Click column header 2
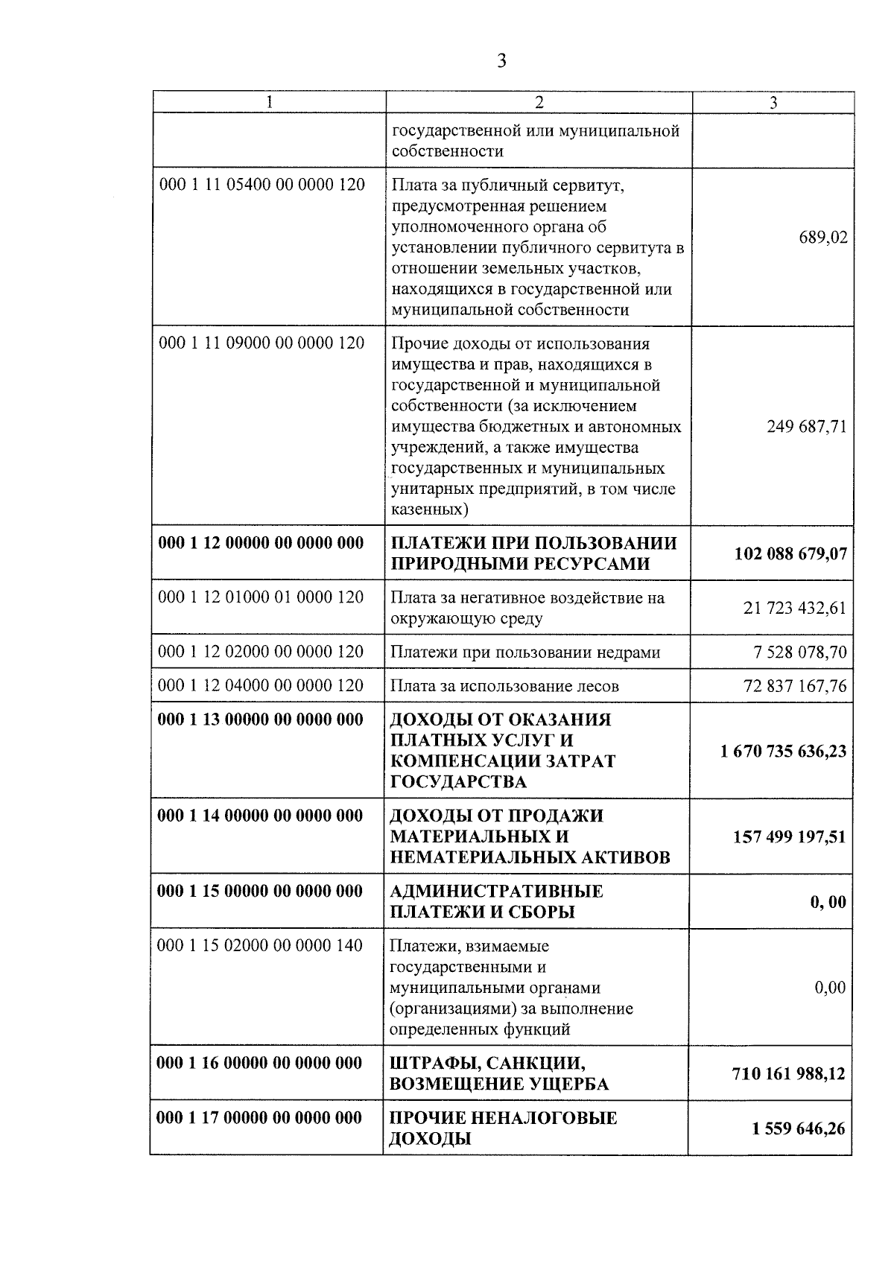[x=539, y=103]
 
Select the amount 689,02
[x=823, y=238]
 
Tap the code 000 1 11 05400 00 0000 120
[x=262, y=184]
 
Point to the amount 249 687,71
[x=807, y=427]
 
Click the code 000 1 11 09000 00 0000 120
[x=262, y=343]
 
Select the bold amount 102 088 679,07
[x=790, y=553]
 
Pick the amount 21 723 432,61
[x=795, y=608]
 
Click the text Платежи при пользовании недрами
[x=525, y=652]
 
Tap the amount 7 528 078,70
[x=800, y=652]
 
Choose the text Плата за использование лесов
[x=504, y=686]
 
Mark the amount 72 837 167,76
[x=795, y=686]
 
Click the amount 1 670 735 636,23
[x=783, y=751]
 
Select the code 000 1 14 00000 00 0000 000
[x=259, y=816]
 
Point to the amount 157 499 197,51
[x=790, y=836]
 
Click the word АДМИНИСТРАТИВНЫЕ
[x=497, y=892]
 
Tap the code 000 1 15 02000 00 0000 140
[x=260, y=946]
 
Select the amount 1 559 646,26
[x=799, y=1128]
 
